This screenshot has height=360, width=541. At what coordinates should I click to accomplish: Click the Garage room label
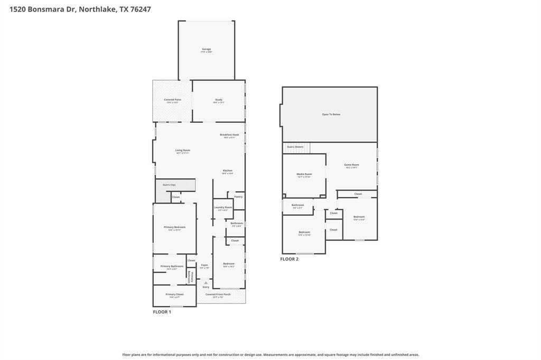206,49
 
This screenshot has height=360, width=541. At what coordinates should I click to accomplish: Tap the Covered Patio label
172,100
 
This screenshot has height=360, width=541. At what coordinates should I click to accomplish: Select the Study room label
219,100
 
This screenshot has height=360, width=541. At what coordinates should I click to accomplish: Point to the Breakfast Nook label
229,135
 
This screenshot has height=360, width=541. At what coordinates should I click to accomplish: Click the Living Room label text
183,150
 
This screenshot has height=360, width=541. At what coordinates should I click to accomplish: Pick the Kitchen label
228,170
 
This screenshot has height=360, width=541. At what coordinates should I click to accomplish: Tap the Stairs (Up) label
169,185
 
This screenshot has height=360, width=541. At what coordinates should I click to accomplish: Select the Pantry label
238,196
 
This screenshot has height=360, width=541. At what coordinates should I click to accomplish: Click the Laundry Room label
223,207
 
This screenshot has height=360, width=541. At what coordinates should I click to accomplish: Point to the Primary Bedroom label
174,227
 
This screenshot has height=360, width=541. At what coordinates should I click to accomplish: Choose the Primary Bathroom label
172,266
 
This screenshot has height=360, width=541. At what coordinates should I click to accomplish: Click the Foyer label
204,265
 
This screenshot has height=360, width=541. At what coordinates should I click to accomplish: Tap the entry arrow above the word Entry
206,283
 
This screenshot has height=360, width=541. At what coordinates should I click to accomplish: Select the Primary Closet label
174,295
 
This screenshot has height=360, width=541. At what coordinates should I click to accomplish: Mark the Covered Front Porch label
218,294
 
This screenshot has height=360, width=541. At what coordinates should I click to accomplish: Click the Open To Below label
331,114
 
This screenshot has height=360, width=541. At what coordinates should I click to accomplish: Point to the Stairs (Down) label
295,146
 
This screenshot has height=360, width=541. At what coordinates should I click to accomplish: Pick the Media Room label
304,174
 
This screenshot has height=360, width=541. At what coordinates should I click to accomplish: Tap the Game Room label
352,165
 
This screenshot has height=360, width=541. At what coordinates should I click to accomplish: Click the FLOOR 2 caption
290,259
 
